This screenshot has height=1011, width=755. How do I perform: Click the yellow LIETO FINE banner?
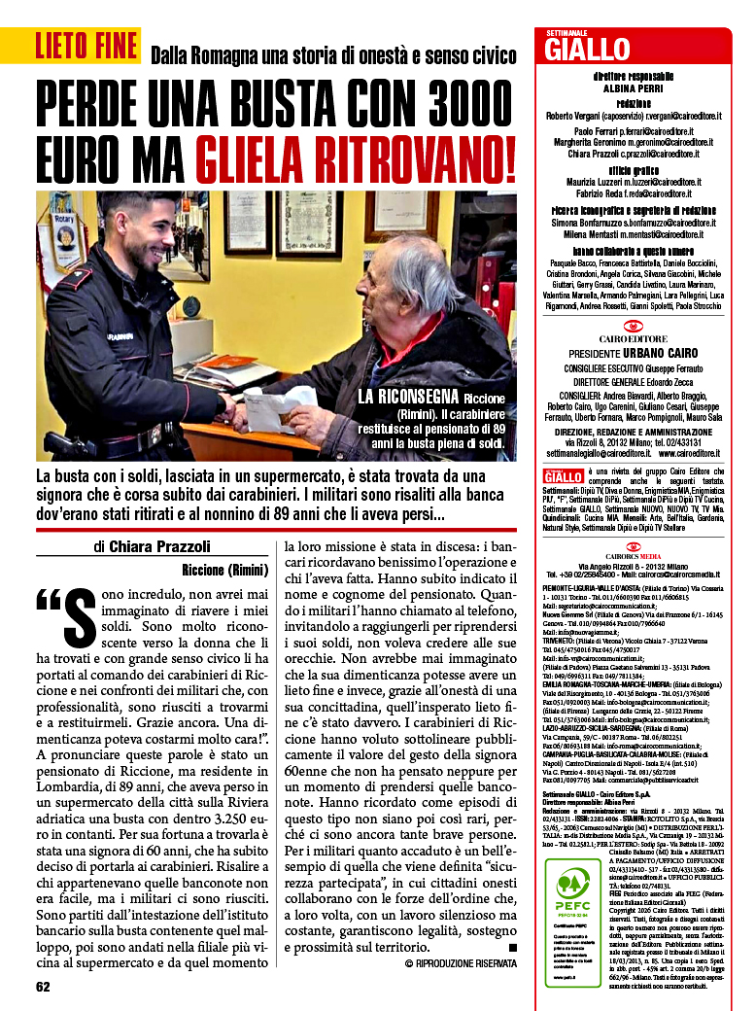point(88,46)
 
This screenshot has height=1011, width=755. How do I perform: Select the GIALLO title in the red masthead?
point(588,49)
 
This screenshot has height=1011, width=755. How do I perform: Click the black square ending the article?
point(513,946)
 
